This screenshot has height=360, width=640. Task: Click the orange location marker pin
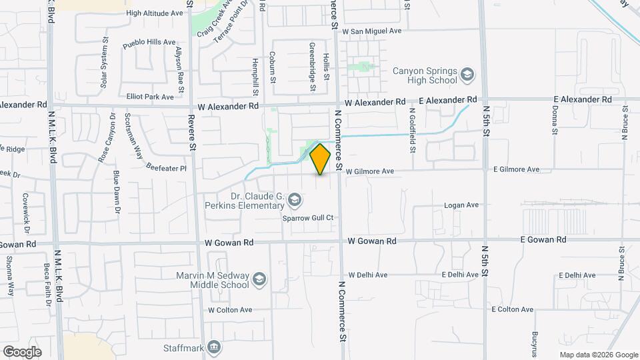(x=321, y=159)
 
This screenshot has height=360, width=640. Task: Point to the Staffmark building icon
(x=214, y=347)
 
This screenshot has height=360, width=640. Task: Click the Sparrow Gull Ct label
(x=307, y=218)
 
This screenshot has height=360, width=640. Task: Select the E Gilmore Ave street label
(x=517, y=170)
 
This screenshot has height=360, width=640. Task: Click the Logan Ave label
(x=462, y=205)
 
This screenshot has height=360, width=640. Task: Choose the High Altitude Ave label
(x=154, y=13)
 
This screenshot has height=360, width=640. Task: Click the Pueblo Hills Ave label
(x=150, y=42)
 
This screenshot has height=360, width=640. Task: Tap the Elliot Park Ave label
(x=150, y=97)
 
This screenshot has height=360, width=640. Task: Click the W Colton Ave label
(x=230, y=310)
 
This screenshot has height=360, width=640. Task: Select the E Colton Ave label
(x=513, y=309)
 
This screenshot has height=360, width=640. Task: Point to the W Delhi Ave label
(x=367, y=275)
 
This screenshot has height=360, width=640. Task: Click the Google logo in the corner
(x=22, y=351)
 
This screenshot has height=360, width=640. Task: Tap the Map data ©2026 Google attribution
(x=598, y=355)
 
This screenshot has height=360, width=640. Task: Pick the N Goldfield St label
(x=413, y=129)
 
